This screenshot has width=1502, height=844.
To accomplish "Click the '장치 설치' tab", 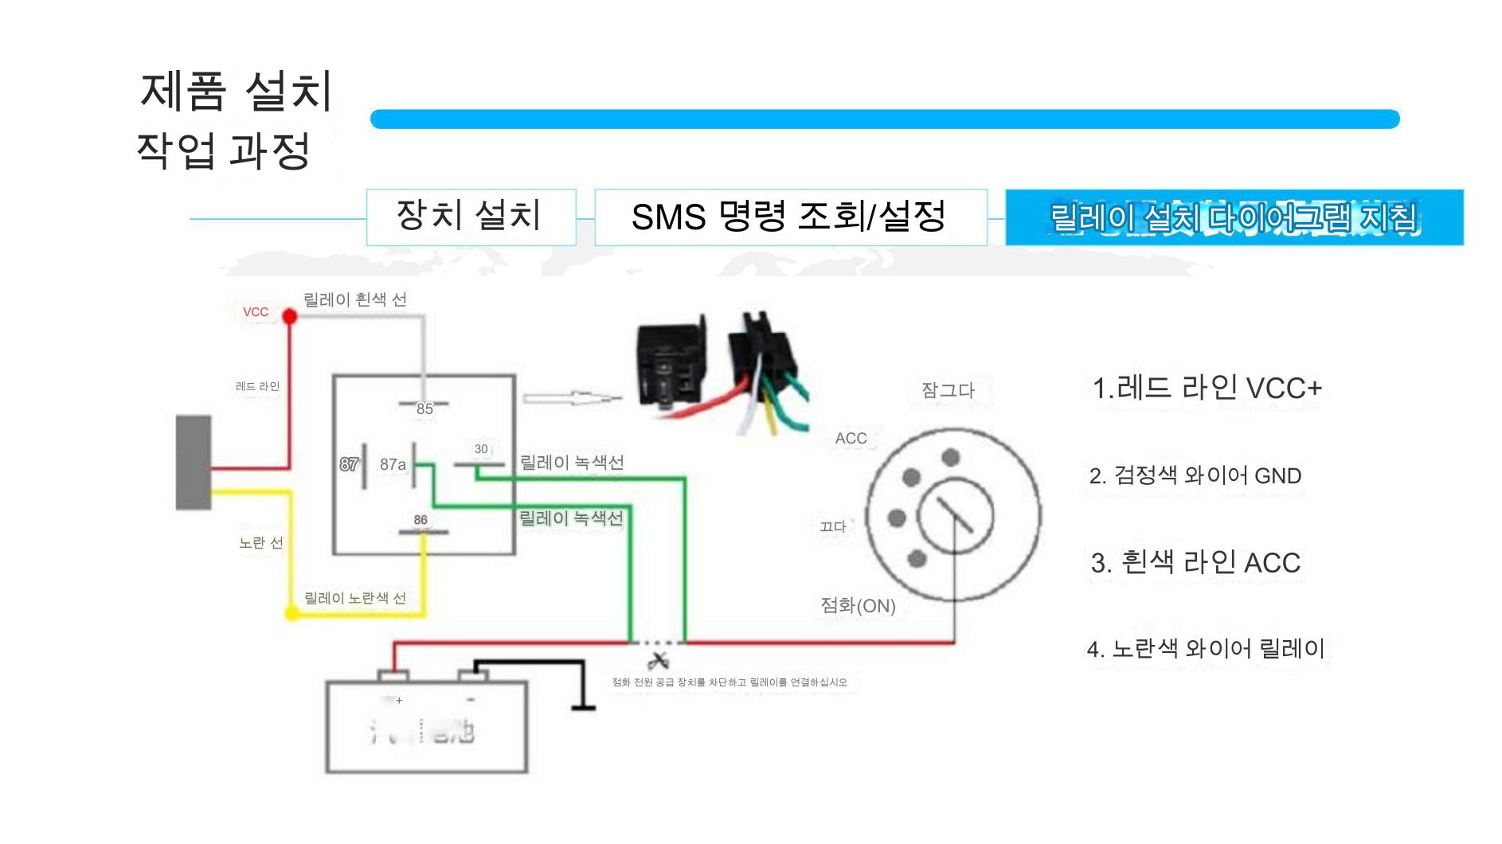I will (470, 217).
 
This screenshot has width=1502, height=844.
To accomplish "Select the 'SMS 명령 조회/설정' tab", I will (790, 217).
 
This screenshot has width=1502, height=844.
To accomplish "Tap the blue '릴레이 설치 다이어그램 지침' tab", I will (1234, 217).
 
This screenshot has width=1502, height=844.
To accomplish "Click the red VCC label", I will (256, 312).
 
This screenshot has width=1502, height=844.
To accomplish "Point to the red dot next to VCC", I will (290, 317).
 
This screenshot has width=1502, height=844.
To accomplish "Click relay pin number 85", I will (424, 409).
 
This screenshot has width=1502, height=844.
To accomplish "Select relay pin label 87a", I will (393, 464).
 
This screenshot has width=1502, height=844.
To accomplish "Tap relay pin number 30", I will (481, 449).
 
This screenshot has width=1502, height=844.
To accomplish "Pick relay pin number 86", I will (420, 520).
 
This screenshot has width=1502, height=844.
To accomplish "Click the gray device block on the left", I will (194, 462).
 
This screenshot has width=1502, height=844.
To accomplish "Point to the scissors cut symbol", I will (658, 660).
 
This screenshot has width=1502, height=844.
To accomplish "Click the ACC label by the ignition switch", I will (851, 439).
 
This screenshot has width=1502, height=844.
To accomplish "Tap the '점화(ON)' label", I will (858, 606).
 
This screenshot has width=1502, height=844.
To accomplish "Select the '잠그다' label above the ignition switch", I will (948, 390).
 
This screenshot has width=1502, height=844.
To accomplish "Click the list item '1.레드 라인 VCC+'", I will (1207, 389).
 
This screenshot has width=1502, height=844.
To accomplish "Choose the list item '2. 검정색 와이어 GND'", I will (1195, 476).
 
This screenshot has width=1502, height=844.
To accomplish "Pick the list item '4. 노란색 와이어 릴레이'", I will (1206, 649).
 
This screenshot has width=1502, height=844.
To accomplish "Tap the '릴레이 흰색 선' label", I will (355, 300).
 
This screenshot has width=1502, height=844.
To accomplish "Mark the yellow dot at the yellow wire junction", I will (291, 614).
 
